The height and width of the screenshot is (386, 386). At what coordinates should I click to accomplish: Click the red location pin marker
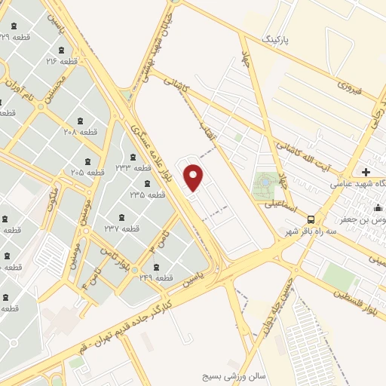(194, 178)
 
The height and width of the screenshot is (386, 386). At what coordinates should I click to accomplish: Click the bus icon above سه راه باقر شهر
(311, 219)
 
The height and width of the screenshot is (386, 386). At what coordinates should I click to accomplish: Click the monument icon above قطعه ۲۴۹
(156, 268)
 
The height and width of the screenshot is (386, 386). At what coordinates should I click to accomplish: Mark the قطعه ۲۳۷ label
(121, 228)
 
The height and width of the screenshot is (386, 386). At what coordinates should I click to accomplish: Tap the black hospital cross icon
(366, 172)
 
